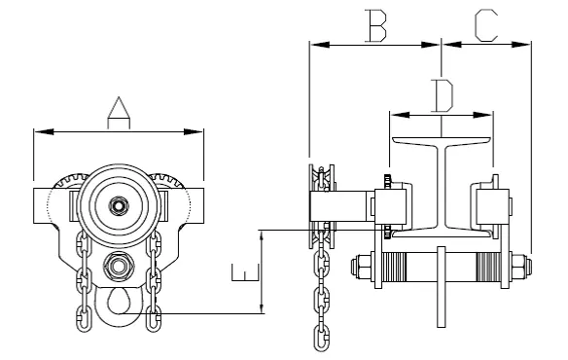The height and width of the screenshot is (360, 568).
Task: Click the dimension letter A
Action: (119, 113)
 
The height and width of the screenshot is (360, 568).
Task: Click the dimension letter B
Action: (375, 25)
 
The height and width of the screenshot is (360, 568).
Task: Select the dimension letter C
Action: (486, 25)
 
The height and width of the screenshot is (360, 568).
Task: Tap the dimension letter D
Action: (443, 95)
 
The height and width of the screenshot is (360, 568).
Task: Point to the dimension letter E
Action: (246, 272)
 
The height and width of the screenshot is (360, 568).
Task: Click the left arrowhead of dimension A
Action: (44, 131)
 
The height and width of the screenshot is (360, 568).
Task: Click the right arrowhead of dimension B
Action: (429, 45)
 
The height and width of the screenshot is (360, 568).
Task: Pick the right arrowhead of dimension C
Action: (521, 45)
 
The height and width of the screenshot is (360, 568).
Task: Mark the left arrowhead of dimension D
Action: (400, 115)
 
